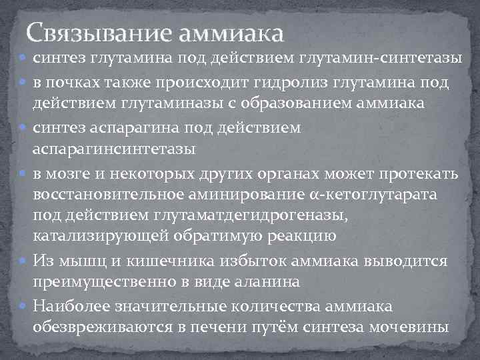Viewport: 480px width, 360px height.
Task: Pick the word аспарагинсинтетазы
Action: [x=115, y=149]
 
